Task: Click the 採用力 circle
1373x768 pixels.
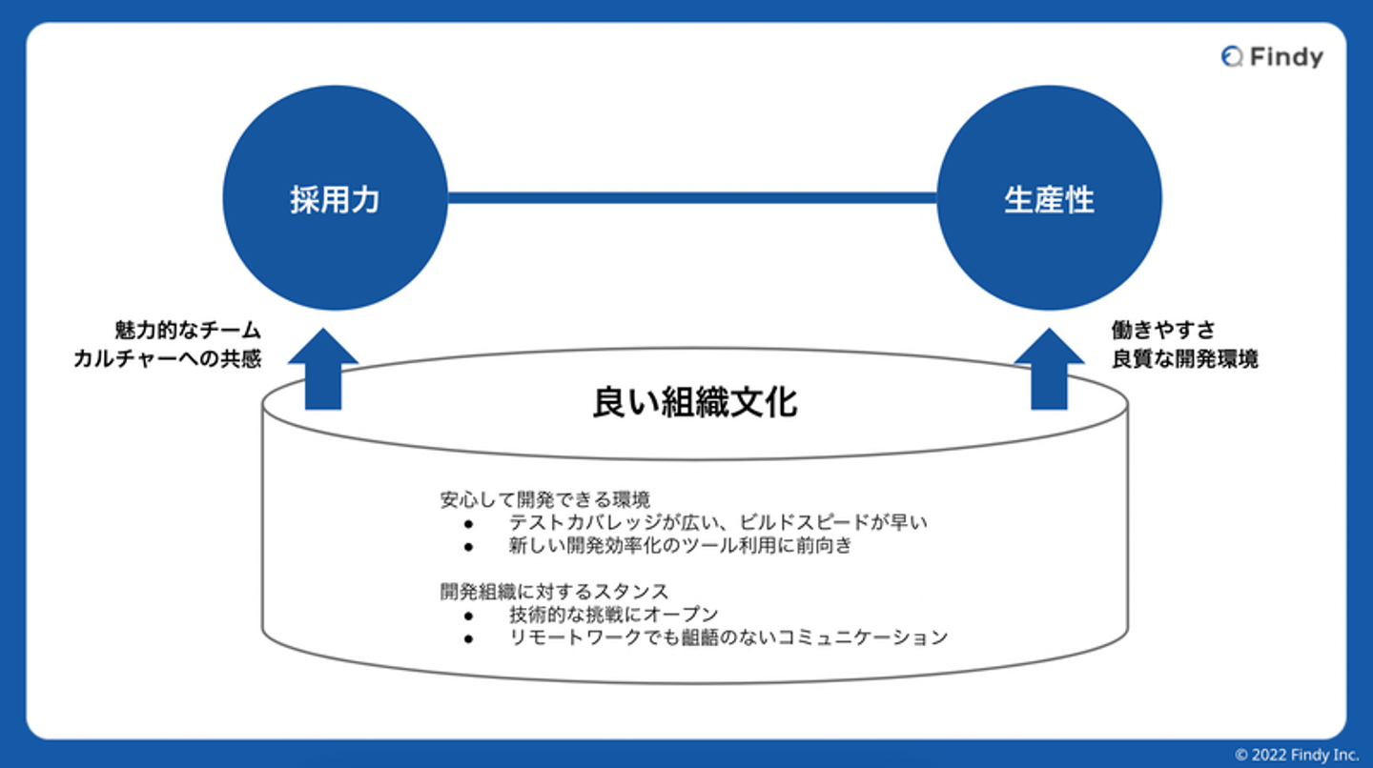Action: pyautogui.click(x=335, y=198)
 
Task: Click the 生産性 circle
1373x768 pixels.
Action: pyautogui.click(x=1049, y=198)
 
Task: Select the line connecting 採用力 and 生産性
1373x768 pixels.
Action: pyautogui.click(x=692, y=198)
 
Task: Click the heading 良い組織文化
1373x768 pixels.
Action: pyautogui.click(x=695, y=402)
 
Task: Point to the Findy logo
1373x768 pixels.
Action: pyautogui.click(x=1272, y=57)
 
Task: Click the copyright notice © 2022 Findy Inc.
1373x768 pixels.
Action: pyautogui.click(x=1296, y=755)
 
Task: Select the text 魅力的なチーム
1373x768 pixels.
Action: pyautogui.click(x=186, y=331)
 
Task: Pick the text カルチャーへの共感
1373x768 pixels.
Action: pyautogui.click(x=167, y=359)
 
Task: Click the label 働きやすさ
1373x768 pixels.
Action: pyautogui.click(x=1163, y=331)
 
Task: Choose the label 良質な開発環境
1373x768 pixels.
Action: pyautogui.click(x=1184, y=359)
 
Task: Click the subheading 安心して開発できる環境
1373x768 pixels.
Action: pyautogui.click(x=545, y=498)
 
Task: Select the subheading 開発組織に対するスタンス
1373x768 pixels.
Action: pyautogui.click(x=554, y=591)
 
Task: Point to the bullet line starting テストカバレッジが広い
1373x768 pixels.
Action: pyautogui.click(x=718, y=522)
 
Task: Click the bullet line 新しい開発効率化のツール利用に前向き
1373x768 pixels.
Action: pyautogui.click(x=680, y=546)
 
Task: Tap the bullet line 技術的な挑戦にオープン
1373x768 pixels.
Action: pyautogui.click(x=614, y=615)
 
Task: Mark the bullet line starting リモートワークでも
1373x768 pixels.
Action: pyautogui.click(x=728, y=637)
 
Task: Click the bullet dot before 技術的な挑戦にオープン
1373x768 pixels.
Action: pyautogui.click(x=468, y=615)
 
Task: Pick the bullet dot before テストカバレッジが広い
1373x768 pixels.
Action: pyautogui.click(x=468, y=523)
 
